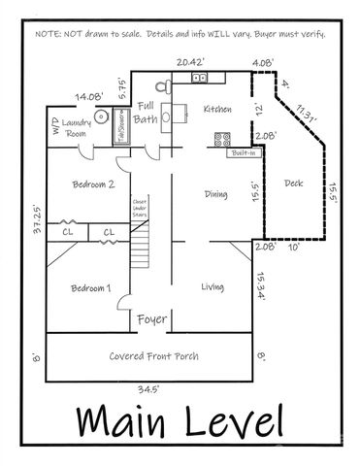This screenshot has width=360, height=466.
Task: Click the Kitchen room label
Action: pos(216,111)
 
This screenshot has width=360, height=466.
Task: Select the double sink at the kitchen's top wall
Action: pos(200,78)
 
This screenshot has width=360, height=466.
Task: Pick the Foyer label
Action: pos(152,318)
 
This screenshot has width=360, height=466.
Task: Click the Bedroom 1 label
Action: pos(91,288)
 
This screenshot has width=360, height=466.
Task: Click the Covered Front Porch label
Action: pos(154,356)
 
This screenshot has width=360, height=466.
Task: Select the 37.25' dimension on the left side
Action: pos(35,233)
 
